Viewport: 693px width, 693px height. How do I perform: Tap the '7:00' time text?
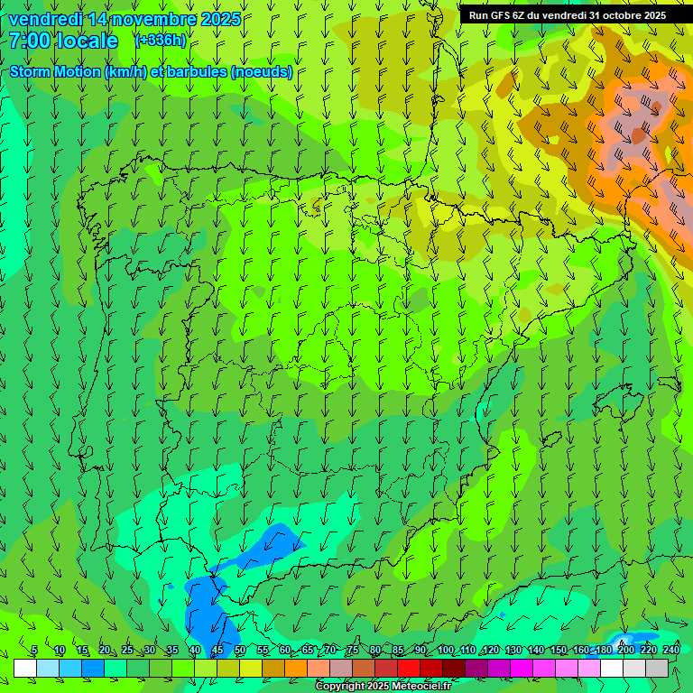tap(32, 41)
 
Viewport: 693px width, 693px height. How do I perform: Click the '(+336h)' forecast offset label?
tap(161, 41)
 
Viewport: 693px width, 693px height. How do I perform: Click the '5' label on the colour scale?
tap(34, 651)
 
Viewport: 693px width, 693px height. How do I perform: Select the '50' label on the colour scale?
tap(239, 651)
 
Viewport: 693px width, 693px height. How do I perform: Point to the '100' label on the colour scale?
tap(445, 651)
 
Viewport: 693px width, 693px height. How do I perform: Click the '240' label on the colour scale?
tap(671, 651)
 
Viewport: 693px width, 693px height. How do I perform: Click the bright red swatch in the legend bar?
tap(409, 668)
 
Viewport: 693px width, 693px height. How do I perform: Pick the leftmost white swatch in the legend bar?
tap(25, 668)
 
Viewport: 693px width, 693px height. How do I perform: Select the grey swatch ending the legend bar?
tap(657, 668)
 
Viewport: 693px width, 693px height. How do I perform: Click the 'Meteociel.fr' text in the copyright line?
tap(422, 687)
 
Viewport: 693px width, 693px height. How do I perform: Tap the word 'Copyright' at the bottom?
tap(340, 687)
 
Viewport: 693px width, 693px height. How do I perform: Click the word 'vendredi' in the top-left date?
tap(43, 19)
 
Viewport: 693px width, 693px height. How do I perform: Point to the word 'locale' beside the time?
tap(91, 41)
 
